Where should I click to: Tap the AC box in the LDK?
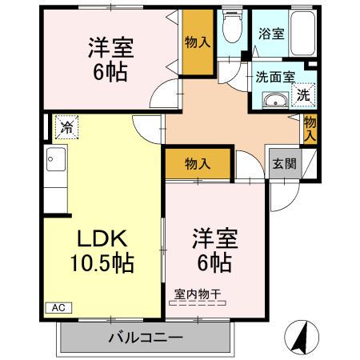[x=58, y=306]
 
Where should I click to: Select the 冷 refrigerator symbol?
[x=67, y=126]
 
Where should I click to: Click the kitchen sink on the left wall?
[x=54, y=160]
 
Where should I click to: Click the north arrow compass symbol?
[x=302, y=337]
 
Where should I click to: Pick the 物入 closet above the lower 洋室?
[x=197, y=163]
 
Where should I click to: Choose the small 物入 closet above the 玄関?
[x=310, y=128]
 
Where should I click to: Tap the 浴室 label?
[x=270, y=34]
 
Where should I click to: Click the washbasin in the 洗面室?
[x=275, y=101]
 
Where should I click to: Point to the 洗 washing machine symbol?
[x=303, y=95]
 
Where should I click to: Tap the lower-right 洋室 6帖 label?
[x=212, y=249]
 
